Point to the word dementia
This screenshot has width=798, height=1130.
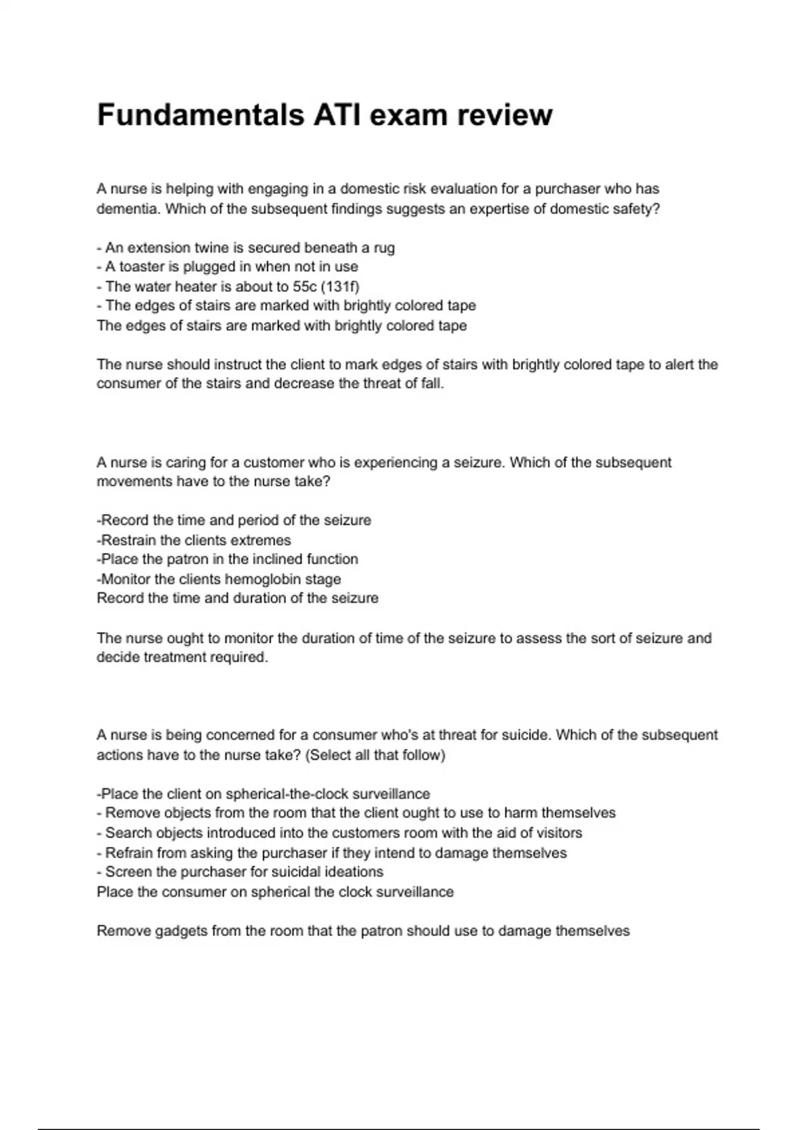[128, 209]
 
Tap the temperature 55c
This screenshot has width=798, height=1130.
[305, 286]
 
